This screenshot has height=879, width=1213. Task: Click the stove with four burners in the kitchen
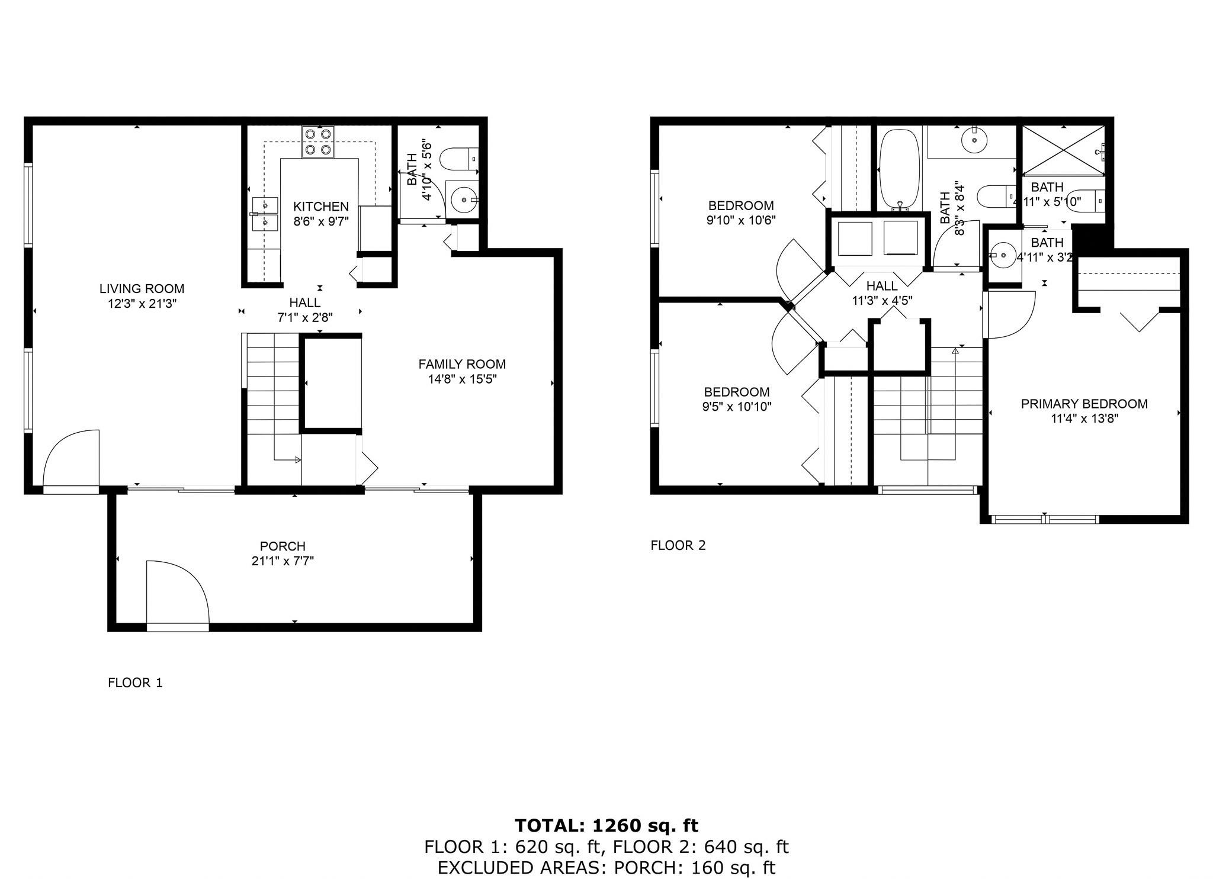(318, 142)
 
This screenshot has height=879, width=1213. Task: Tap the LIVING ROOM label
(142, 289)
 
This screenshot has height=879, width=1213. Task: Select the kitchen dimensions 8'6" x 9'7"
(321, 221)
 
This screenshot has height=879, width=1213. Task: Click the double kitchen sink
(265, 214)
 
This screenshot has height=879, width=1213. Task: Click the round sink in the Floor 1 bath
(463, 199)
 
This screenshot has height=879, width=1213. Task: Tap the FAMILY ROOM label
(462, 364)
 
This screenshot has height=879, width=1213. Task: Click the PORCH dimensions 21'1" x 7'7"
(283, 561)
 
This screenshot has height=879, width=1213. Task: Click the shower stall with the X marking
(1063, 151)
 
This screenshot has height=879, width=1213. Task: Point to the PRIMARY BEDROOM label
(1084, 404)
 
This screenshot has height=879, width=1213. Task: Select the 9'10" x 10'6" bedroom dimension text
(741, 220)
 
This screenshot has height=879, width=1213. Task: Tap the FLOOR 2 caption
(678, 545)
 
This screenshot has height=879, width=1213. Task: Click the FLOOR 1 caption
(135, 682)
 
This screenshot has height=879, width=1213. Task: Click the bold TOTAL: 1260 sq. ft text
(606, 825)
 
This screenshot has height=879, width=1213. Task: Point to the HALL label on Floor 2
(882, 286)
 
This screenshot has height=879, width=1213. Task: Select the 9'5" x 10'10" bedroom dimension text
(737, 407)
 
